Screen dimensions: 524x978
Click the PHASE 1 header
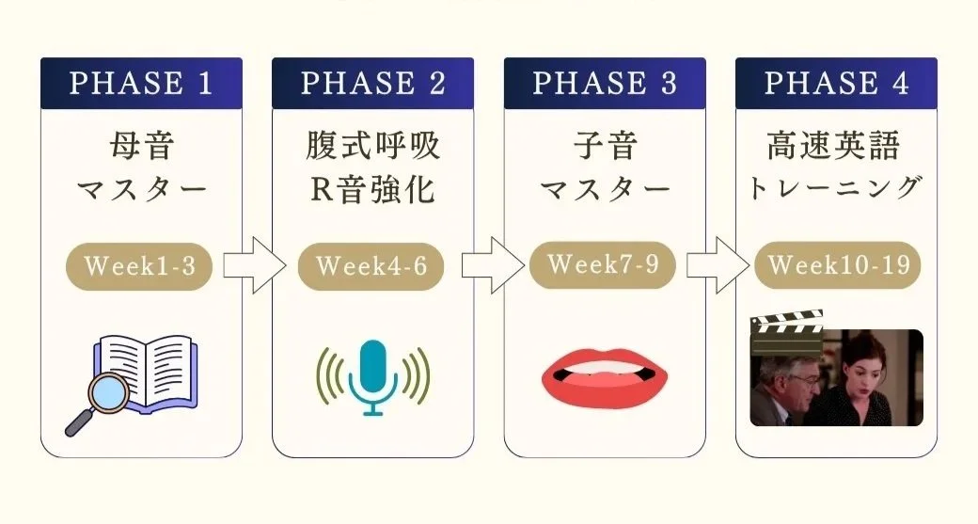(141, 83)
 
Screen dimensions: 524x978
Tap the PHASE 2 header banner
(372, 83)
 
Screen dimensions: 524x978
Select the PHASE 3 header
(605, 83)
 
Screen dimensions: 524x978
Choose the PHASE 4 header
(836, 83)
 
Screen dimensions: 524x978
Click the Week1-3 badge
(140, 266)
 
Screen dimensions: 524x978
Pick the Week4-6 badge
(371, 266)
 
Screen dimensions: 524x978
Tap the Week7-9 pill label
(603, 263)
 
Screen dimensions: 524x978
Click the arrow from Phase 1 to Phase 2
(253, 267)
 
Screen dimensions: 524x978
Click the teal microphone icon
(372, 376)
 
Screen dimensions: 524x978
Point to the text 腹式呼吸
(372, 147)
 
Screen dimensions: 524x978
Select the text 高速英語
(833, 146)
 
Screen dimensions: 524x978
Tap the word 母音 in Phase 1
(141, 147)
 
